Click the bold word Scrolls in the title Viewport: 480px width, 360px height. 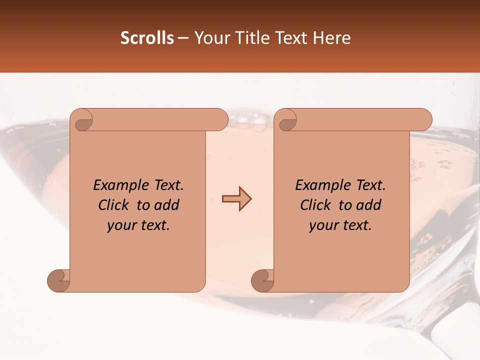coord(147,38)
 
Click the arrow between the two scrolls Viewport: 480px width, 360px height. coord(237,199)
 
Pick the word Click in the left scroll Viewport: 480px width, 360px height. coord(114,205)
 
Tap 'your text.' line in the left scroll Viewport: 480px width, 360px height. coord(138,225)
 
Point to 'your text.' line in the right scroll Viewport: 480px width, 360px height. coord(340,225)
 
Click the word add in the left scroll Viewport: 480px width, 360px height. coord(167,205)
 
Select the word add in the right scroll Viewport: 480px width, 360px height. coord(369,205)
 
